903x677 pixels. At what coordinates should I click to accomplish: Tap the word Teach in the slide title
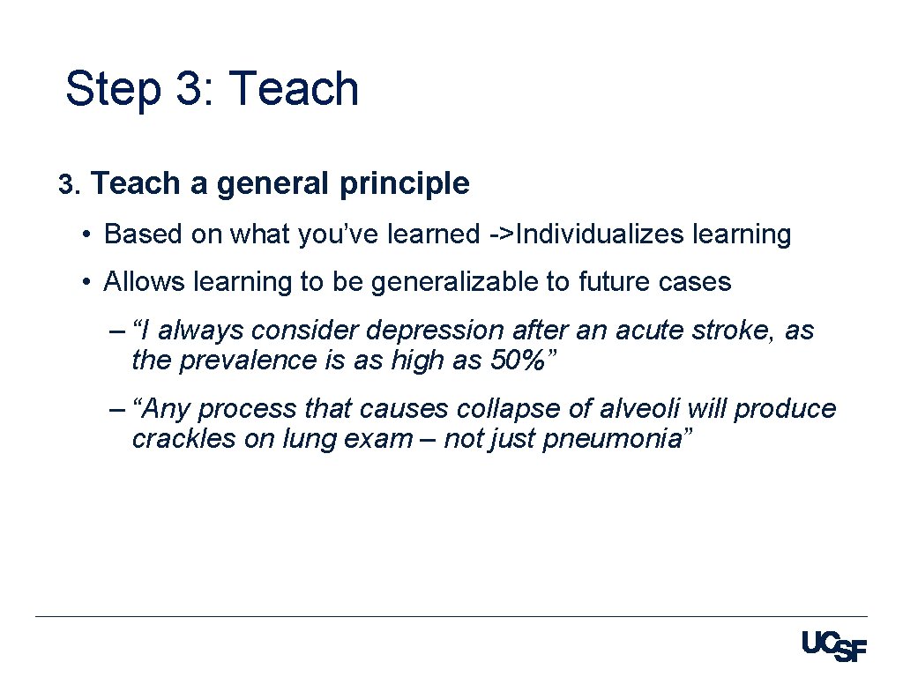pos(293,90)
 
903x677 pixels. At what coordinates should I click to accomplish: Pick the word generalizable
pos(448,282)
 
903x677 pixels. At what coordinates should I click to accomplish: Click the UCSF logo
pos(834,646)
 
